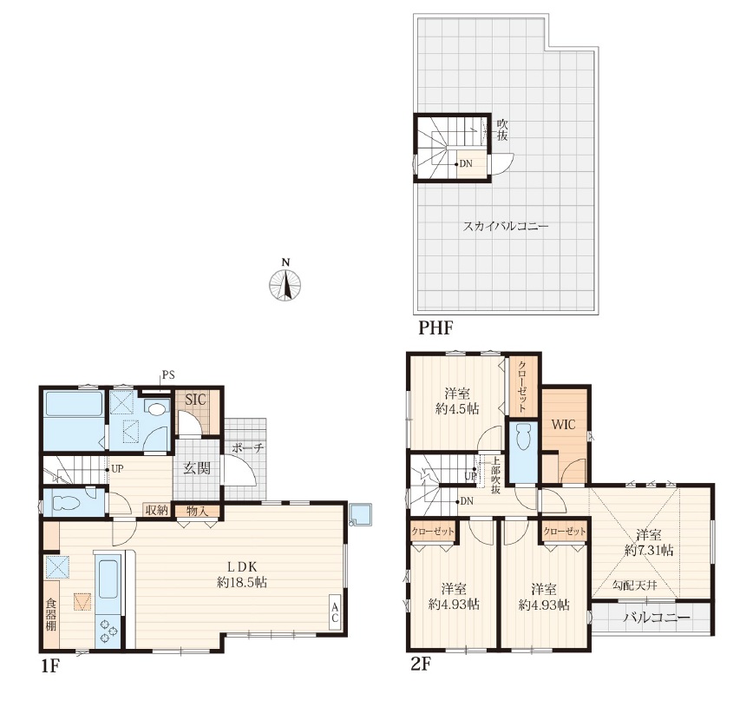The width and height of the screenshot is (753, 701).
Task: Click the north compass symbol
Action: click(x=285, y=284)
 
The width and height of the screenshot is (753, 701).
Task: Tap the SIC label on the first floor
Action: click(x=196, y=400)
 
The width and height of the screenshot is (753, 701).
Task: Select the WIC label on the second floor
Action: click(x=563, y=425)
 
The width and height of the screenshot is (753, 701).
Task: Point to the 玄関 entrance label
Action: click(x=197, y=467)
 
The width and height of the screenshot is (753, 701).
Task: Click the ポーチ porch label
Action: click(x=248, y=448)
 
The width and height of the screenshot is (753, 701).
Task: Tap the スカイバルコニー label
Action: click(x=505, y=226)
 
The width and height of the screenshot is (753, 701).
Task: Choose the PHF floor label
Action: click(x=436, y=327)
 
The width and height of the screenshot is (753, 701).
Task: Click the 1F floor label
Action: click(x=50, y=666)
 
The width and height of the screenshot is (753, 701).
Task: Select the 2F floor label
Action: click(x=420, y=664)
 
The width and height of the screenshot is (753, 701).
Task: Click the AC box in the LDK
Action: click(x=335, y=611)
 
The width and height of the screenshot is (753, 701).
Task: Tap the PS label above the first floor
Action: click(x=168, y=375)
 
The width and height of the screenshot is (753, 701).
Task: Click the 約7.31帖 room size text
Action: click(x=649, y=550)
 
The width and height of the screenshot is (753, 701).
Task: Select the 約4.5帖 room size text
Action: click(x=457, y=409)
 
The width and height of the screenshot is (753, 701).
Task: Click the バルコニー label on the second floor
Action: click(x=657, y=618)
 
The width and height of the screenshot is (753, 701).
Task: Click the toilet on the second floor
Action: click(x=522, y=438)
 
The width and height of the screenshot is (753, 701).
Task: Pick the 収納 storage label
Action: click(x=157, y=510)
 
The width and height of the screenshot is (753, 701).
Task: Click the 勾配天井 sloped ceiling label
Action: click(x=634, y=585)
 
